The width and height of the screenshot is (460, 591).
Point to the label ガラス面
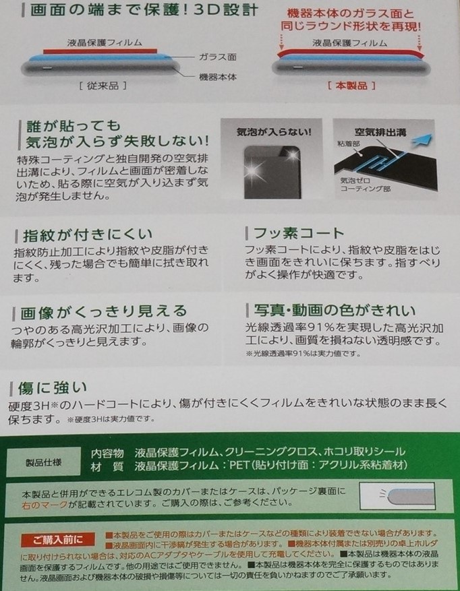coord(217,59)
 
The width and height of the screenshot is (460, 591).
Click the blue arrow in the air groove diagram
coord(421,139)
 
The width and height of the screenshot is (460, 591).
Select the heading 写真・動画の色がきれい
coord(334,310)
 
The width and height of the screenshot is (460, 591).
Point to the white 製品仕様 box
coord(42,464)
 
